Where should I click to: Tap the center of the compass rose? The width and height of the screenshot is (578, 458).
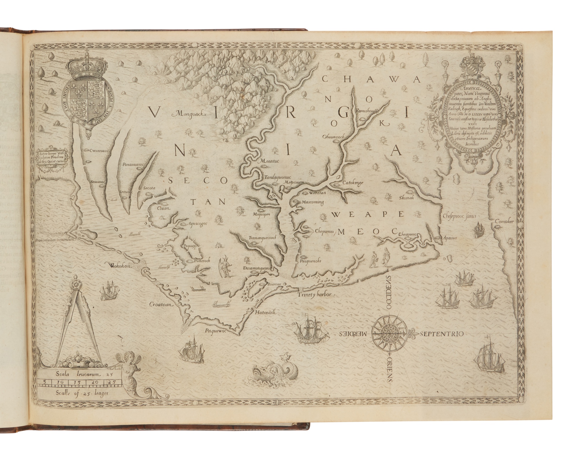coord(390,333)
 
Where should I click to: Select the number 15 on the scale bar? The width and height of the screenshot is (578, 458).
coord(76,382)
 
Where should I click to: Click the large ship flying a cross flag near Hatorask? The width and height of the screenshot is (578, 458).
coord(310,330)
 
